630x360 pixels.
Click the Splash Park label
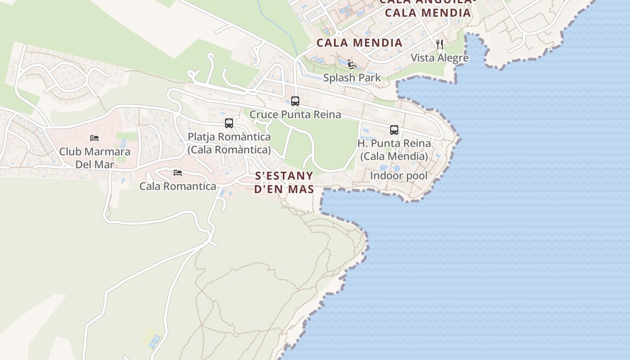pyautogui.click(x=352, y=77)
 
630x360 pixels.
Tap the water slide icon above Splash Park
pyautogui.click(x=352, y=64)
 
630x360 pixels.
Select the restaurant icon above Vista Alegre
pyautogui.click(x=440, y=44)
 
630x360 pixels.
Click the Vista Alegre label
pyautogui.click(x=440, y=58)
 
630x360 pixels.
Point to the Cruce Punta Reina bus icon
pyautogui.click(x=295, y=101)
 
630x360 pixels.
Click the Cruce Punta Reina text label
pyautogui.click(x=295, y=114)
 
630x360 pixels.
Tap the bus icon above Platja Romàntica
pyautogui.click(x=229, y=123)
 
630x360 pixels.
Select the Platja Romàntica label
pyautogui.click(x=229, y=136)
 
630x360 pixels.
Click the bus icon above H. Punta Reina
pyautogui.click(x=394, y=130)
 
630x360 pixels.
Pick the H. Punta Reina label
pyautogui.click(x=394, y=143)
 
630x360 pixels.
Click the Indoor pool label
pyautogui.click(x=399, y=175)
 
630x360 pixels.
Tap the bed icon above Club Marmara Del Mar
pyautogui.click(x=94, y=138)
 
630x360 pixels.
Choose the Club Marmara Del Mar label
pyautogui.click(x=94, y=157)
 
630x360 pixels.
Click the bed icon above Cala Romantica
pyautogui.click(x=178, y=172)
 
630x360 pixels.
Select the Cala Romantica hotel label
pyautogui.click(x=178, y=186)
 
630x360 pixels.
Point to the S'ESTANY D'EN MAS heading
pyautogui.click(x=284, y=182)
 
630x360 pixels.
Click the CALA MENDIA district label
pyautogui.click(x=359, y=43)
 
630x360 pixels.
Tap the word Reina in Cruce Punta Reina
pyautogui.click(x=327, y=114)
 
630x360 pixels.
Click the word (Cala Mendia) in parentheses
pyautogui.click(x=394, y=156)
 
